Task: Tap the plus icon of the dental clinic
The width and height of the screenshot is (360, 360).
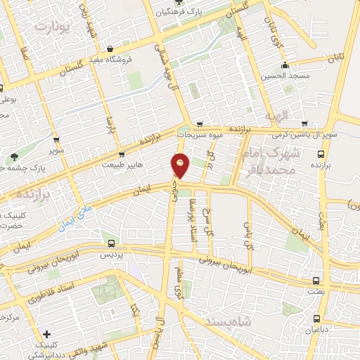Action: (46, 335)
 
